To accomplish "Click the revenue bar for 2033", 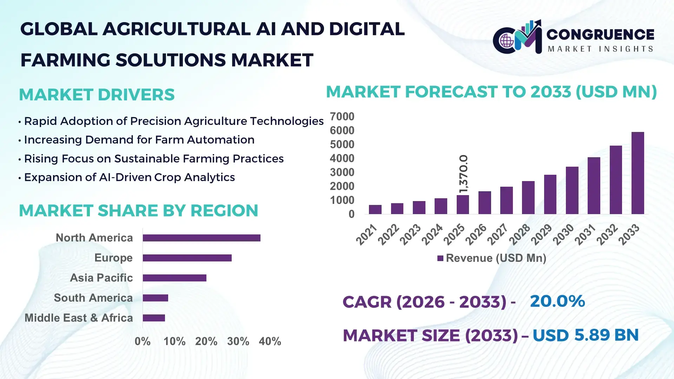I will point(637,173).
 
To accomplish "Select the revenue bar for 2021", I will point(375,210).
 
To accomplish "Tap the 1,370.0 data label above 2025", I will point(463,173).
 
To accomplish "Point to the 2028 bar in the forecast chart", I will point(528,198).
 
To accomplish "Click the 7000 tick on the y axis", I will point(342,117).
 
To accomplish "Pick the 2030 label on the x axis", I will point(563,234).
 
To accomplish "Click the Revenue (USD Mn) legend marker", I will point(440,259).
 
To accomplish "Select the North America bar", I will point(201,238).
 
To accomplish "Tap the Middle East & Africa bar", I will point(154,318).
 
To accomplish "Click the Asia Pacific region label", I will point(101,278).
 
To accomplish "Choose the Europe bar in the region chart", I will point(187,258).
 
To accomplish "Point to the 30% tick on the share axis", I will point(238,341).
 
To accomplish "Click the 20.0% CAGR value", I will point(557,301).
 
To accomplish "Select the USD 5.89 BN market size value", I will point(585,335).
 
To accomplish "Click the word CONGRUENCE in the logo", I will point(600,34).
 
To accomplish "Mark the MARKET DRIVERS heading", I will point(97,95).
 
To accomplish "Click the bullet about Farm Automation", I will point(139,140).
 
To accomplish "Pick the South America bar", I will point(155,298).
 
